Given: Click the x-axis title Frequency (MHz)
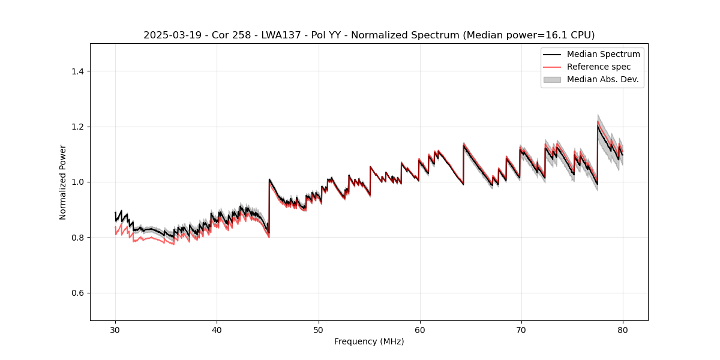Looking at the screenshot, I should [369, 341].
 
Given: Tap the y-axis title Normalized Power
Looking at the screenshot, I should [63, 182].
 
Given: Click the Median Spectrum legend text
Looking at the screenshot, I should [603, 54].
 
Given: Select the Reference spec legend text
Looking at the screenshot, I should [599, 67].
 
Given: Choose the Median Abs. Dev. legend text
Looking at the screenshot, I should [602, 79].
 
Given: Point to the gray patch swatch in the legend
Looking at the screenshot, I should [552, 79].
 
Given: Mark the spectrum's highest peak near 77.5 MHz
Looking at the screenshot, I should [598, 125].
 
